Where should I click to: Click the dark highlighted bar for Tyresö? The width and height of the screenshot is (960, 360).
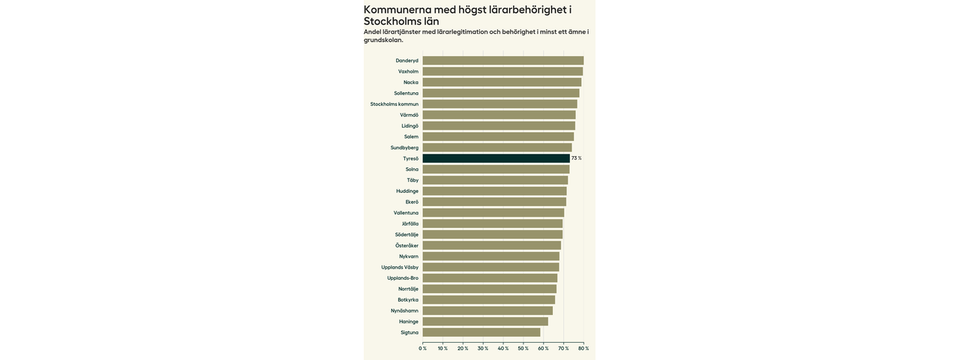496,158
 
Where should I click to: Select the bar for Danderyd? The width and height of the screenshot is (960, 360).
502,61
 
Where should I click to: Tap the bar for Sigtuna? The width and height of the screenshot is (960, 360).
481,332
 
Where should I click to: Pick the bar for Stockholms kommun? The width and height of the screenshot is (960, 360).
499,104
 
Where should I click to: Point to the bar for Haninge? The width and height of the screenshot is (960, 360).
484,322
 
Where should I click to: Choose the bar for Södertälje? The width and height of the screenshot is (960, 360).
492,235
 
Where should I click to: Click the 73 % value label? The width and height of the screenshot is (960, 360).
576,158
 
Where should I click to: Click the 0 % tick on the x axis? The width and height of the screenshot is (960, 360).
423,349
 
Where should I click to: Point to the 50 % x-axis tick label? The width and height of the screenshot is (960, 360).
523,349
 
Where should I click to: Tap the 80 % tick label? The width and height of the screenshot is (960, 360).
583,349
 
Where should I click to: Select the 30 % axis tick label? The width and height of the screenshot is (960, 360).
483,349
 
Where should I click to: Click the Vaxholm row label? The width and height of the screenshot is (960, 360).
408,72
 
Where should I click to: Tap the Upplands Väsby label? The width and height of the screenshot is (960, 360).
400,268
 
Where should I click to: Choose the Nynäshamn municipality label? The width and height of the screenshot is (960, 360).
404,311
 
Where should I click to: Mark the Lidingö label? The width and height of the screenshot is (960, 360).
409,126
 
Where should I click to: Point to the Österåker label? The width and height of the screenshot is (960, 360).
406,246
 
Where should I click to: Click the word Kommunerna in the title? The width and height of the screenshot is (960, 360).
397,10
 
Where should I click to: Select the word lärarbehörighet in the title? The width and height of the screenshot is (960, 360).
527,10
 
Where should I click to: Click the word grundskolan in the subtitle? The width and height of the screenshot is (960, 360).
382,40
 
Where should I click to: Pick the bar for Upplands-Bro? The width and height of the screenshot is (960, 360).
490,278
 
